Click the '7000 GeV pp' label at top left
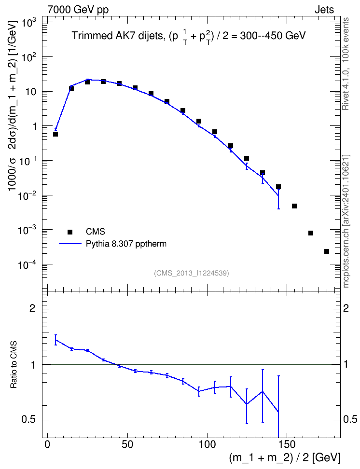coord(78,10)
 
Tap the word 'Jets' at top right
coord(324,10)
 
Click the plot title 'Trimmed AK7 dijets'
coord(118,36)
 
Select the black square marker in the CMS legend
coord(70,232)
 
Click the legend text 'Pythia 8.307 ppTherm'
coord(126,244)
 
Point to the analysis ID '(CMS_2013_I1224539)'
coord(192,273)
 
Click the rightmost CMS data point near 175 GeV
coord(327,251)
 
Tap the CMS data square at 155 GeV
coord(294,206)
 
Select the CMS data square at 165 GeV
coord(311,233)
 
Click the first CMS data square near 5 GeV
coord(55,134)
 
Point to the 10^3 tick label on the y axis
coord(28,22)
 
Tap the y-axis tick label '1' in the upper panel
coord(34,126)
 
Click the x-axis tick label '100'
coord(207,444)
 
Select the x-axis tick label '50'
coord(127,444)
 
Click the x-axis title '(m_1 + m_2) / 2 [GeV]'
coord(285,457)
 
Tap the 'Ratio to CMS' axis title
coord(13,365)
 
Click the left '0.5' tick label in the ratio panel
coord(29,420)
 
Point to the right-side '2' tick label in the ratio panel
coord(346,308)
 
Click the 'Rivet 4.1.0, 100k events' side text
coord(346,64)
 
